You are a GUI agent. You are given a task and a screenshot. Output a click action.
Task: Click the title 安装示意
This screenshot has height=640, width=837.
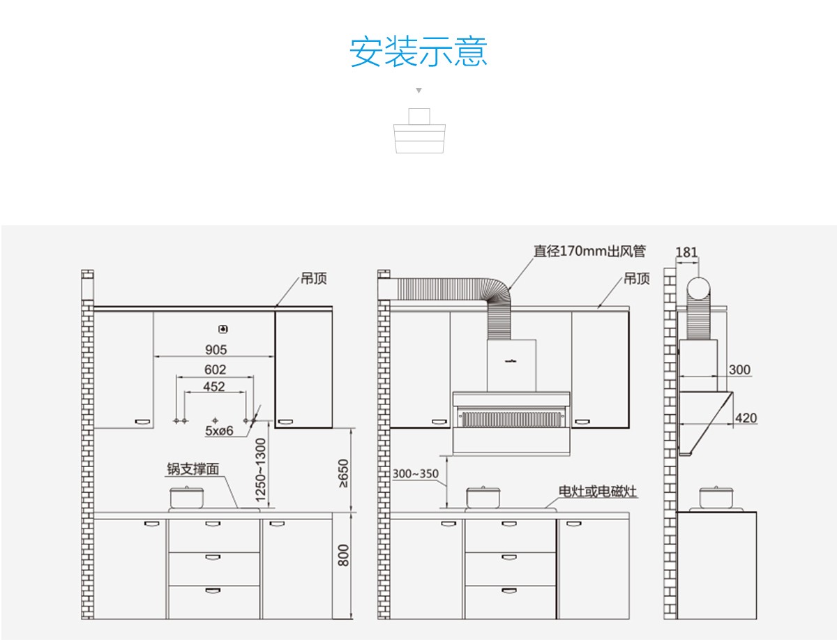(x=418, y=52)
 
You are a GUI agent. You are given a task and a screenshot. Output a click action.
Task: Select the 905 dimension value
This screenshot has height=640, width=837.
(x=216, y=349)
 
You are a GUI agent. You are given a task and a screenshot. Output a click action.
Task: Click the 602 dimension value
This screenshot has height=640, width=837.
(x=215, y=369)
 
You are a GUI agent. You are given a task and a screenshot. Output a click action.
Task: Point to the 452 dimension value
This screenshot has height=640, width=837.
(x=214, y=386)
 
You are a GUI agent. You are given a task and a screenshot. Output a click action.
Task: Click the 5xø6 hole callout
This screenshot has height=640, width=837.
(x=218, y=431)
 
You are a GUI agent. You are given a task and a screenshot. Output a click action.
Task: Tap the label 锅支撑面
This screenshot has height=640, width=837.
(x=193, y=469)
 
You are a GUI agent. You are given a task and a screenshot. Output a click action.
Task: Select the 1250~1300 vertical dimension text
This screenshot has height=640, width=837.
(x=260, y=469)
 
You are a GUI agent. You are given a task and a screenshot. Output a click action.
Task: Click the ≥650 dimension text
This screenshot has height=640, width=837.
(x=342, y=473)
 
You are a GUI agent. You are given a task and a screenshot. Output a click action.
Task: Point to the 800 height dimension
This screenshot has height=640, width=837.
(x=343, y=555)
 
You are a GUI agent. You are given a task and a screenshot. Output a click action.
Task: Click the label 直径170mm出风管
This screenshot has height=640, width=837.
(x=589, y=251)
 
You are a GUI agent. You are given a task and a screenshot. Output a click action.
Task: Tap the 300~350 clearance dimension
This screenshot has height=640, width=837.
(x=415, y=474)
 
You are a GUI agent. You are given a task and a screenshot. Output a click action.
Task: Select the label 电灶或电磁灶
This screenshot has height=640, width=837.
(x=598, y=492)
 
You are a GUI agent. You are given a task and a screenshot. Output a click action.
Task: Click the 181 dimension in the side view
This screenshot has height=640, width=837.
(x=686, y=252)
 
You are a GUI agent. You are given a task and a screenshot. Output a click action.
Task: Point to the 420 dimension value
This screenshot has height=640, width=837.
(x=746, y=418)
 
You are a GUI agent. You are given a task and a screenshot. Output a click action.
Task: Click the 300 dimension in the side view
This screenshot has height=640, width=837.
(x=739, y=369)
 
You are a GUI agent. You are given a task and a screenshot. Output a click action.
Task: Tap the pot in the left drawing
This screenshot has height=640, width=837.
(x=186, y=497)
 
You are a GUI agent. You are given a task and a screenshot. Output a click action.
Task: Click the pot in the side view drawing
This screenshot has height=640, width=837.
(x=716, y=498)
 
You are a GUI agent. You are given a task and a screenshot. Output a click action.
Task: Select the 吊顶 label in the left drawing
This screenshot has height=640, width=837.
(x=313, y=279)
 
